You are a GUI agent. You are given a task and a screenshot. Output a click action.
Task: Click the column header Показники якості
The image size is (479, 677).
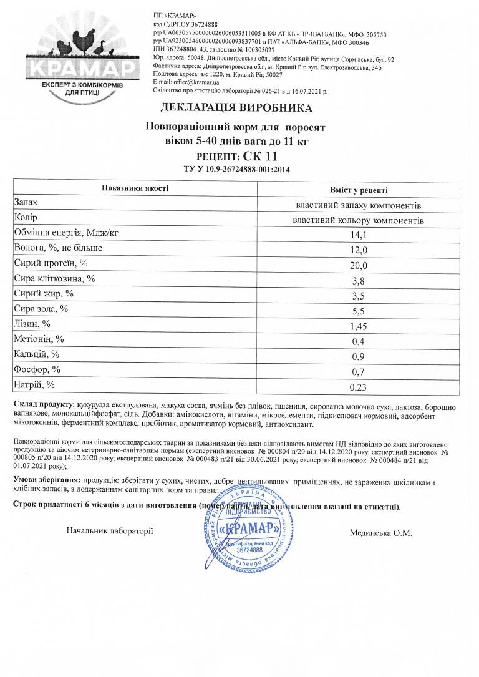pyautogui.click(x=136, y=188)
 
